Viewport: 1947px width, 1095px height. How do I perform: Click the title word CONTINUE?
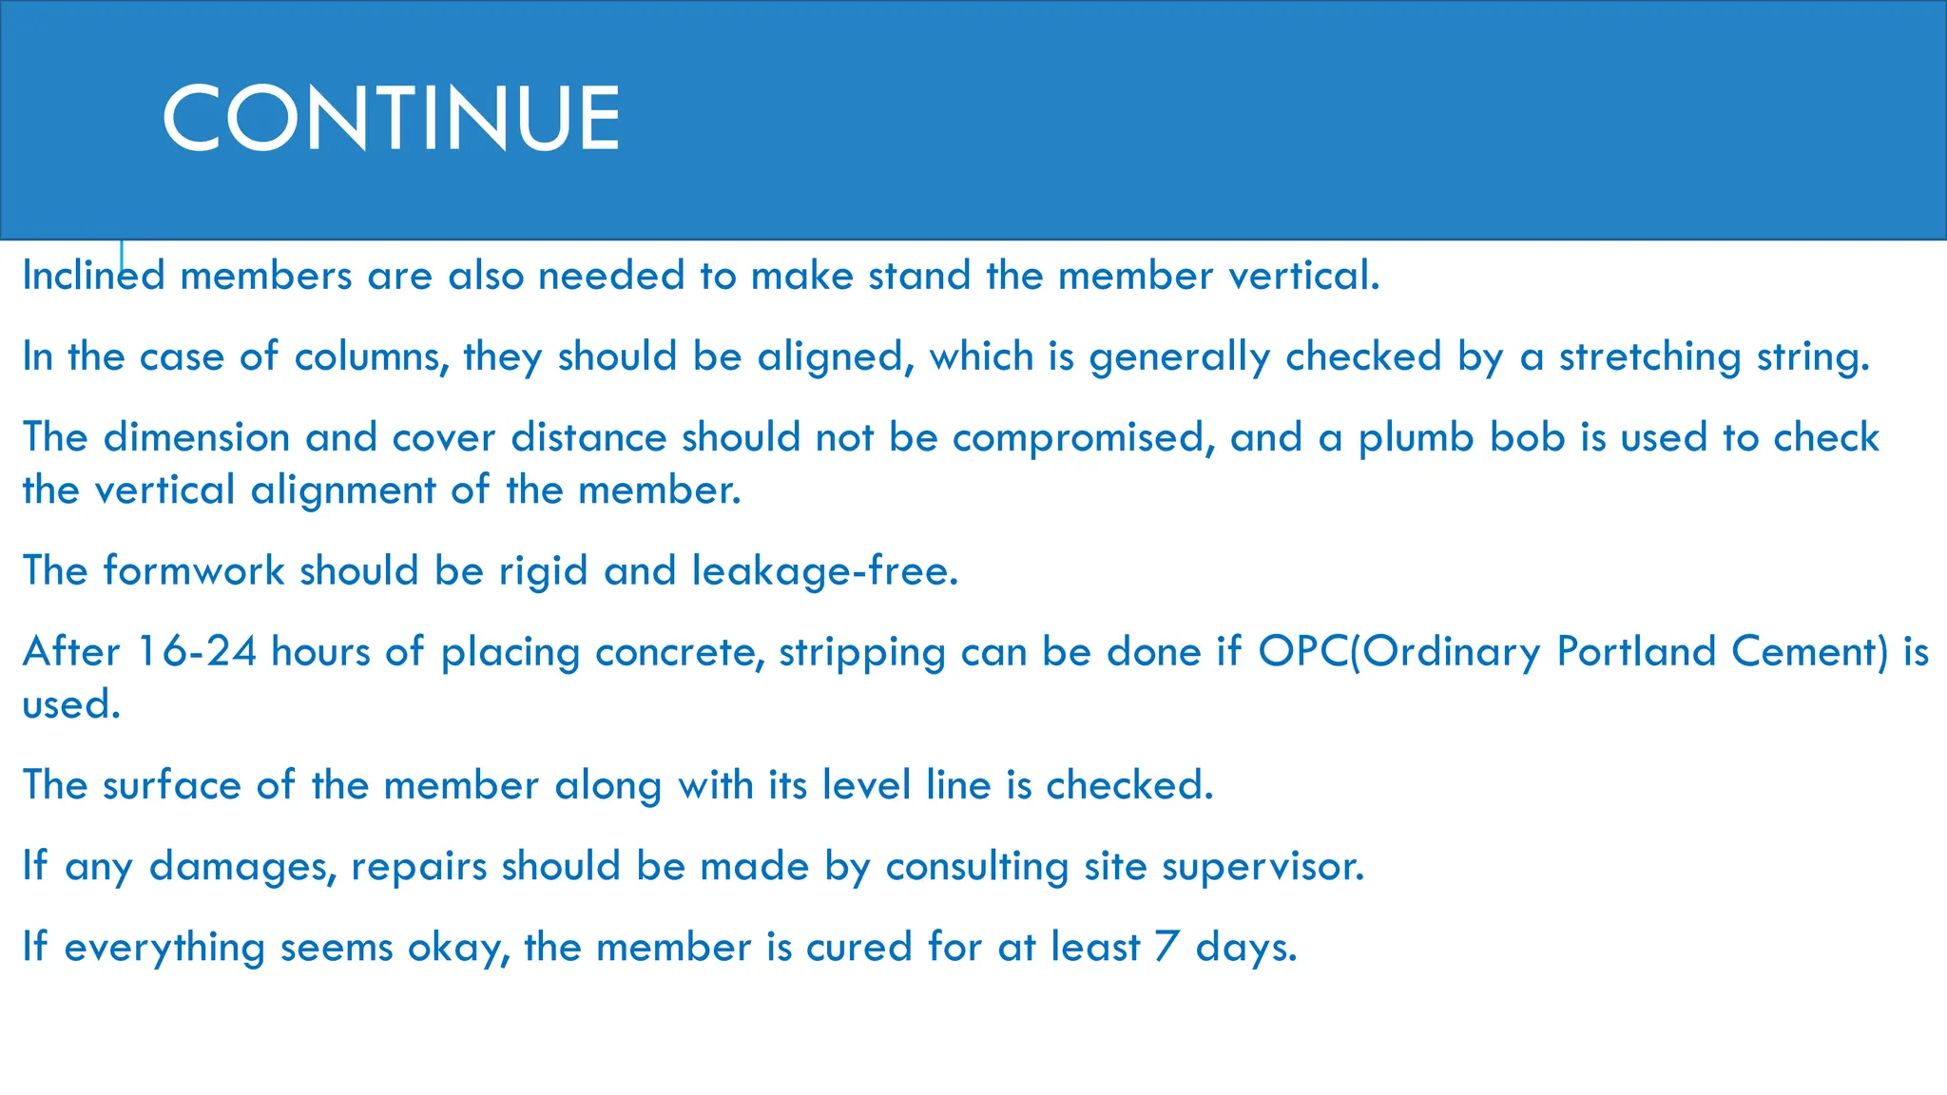pos(391,118)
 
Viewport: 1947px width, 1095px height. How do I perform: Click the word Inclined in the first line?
pos(93,276)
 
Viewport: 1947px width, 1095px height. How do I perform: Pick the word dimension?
pos(196,437)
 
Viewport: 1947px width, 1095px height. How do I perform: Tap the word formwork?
pos(194,570)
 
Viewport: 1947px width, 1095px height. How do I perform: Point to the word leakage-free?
pos(824,570)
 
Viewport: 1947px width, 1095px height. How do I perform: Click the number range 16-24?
pos(197,652)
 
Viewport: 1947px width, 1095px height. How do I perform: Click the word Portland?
pos(1636,652)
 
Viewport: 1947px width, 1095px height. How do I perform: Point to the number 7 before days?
pos(1166,947)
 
